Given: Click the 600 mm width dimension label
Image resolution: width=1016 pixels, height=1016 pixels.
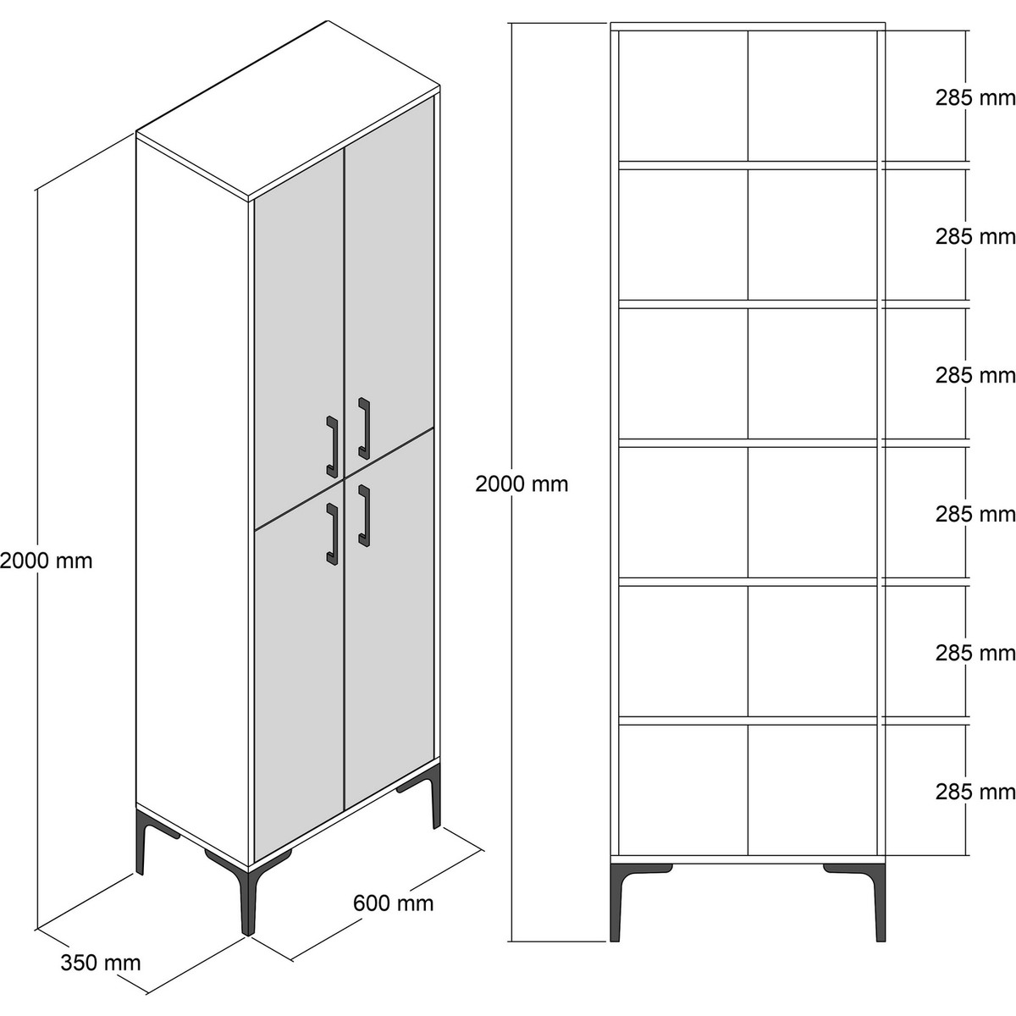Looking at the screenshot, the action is tap(394, 903).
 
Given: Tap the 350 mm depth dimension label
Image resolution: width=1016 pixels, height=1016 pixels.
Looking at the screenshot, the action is tap(101, 963).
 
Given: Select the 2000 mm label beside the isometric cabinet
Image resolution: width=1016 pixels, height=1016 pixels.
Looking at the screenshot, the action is tap(46, 560).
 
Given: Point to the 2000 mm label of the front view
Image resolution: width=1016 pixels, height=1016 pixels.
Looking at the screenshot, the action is tap(522, 484).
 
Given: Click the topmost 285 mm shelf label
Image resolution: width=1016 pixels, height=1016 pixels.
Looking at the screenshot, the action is tap(975, 97).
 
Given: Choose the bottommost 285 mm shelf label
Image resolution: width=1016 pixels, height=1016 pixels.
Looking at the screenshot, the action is tap(975, 792).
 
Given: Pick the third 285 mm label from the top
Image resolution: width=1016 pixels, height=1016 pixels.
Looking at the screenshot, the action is tap(975, 375).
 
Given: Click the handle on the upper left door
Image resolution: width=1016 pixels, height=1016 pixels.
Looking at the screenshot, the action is tap(332, 446).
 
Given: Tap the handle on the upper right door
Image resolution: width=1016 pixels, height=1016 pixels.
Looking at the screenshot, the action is tap(364, 428).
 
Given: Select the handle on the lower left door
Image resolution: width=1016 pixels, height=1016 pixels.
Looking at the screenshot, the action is tap(332, 533).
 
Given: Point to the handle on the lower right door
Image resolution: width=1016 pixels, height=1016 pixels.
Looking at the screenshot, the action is tap(364, 516).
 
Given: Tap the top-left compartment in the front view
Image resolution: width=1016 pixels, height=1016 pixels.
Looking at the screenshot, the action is tap(682, 96).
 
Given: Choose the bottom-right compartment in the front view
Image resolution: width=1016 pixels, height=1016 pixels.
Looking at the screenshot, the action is tap(813, 790).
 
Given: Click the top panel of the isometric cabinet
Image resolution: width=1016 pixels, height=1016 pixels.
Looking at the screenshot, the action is tap(289, 110).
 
